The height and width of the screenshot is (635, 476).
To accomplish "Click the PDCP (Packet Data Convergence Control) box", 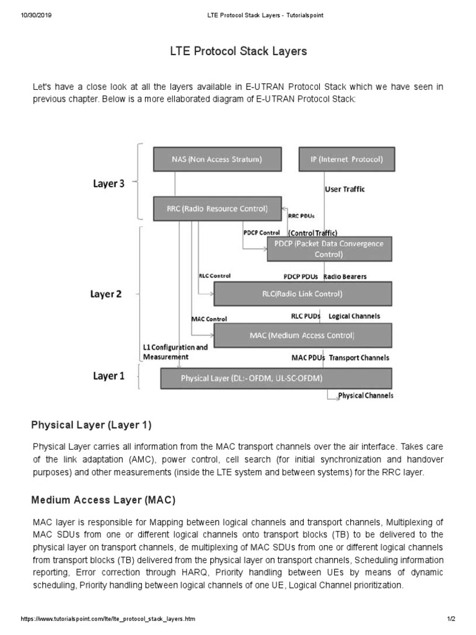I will [329, 249].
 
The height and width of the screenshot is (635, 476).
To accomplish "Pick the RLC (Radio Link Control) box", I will [302, 293].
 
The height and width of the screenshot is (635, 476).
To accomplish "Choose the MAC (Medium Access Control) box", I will [302, 335].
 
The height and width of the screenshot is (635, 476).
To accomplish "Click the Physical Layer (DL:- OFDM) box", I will [276, 378].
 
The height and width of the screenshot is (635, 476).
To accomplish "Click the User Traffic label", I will [345, 189].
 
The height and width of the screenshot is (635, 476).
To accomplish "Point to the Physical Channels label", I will [365, 395].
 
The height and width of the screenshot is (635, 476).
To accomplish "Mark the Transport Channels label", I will [359, 358].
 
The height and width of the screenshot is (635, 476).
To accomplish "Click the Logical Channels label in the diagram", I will [354, 316].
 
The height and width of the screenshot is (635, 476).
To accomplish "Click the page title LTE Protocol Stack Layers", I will [238, 51].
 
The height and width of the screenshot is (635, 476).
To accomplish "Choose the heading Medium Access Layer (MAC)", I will [103, 499].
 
